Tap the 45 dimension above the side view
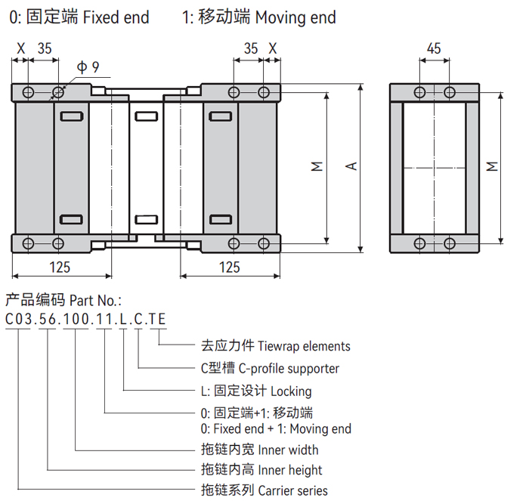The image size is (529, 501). pyautogui.click(x=434, y=48)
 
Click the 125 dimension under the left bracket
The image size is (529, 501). pyautogui.click(x=60, y=267)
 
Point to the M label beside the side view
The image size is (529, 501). pyautogui.click(x=492, y=166)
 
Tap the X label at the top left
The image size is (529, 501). pyautogui.click(x=20, y=48)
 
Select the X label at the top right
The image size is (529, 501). pyautogui.click(x=273, y=48)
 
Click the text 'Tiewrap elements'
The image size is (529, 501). pyautogui.click(x=304, y=346)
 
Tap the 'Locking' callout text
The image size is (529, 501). pyautogui.click(x=290, y=391)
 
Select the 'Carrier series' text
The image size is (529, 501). pyautogui.click(x=292, y=490)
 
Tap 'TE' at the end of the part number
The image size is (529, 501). pyautogui.click(x=157, y=318)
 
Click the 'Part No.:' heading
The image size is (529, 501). pyautogui.click(x=95, y=299)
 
